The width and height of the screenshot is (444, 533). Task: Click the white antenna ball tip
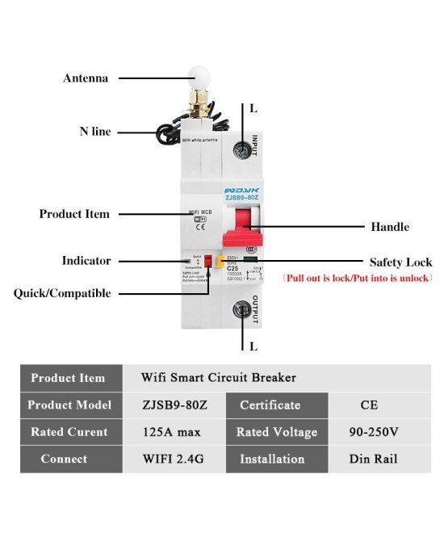(195, 78)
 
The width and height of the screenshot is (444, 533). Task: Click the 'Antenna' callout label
(86, 78)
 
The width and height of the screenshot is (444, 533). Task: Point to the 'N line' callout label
(95, 132)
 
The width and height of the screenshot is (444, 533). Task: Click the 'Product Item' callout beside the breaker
(74, 214)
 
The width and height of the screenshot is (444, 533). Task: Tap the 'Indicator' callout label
(86, 261)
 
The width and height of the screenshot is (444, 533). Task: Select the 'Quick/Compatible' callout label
(62, 293)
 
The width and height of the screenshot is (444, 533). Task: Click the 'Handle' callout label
(390, 227)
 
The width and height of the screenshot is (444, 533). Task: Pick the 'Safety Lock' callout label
(400, 262)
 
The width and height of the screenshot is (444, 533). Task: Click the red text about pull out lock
(358, 278)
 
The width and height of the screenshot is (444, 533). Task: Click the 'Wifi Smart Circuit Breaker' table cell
(218, 378)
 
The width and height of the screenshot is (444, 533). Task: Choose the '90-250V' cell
(374, 432)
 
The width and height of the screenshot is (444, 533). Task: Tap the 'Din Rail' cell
(373, 459)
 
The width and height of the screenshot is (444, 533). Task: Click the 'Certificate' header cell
(270, 405)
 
